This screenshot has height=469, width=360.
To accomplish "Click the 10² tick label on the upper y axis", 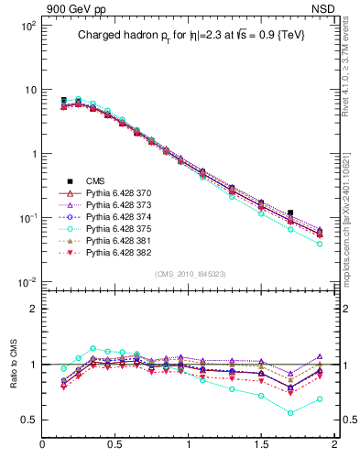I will pos(27,27).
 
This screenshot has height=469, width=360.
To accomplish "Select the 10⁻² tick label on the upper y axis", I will pos(27,281).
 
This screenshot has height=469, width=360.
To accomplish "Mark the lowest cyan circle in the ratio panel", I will pos(290,413).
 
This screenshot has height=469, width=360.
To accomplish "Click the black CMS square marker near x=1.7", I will pos(290,213).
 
